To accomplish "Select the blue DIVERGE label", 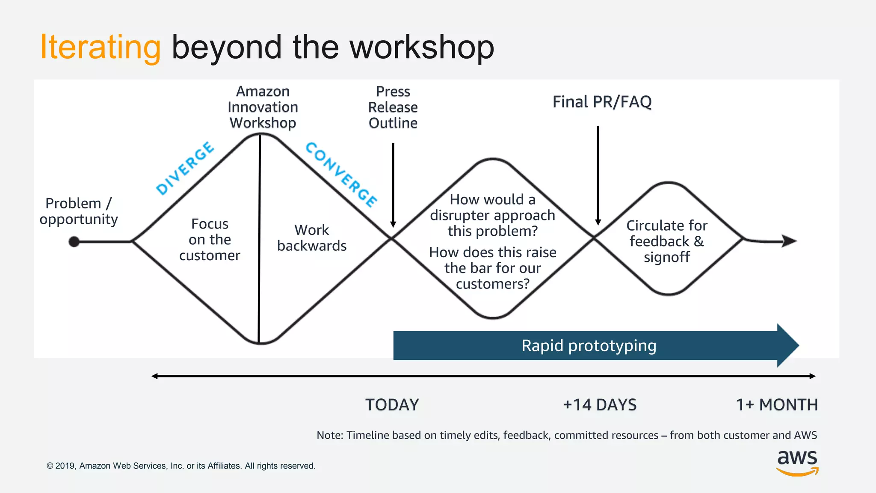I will point(185,168).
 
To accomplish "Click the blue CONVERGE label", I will point(341,175).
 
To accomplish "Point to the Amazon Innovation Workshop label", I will point(263,107).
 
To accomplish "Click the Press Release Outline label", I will point(393,107).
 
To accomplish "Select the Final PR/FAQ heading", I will point(602,102).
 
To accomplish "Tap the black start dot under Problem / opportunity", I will point(74,242).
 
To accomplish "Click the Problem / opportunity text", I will point(79,211).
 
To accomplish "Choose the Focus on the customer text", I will point(210,240).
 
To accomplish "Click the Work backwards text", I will point(312,238).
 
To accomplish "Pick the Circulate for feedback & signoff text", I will point(667,241).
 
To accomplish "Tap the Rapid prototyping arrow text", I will point(589,345).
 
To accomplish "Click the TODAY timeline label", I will point(392,404).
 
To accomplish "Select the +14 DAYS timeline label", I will point(600,404).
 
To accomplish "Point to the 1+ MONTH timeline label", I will point(777,404).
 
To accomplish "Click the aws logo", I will point(797,462).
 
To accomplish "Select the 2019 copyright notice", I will point(181,466).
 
